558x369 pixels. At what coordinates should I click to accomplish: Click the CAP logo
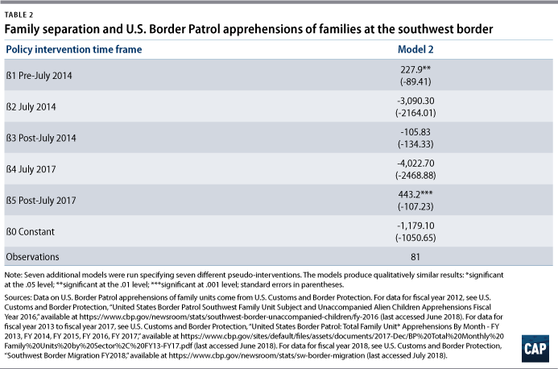(x=535, y=349)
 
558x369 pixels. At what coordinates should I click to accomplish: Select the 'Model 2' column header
(x=415, y=49)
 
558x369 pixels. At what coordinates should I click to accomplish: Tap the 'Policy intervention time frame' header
(x=73, y=49)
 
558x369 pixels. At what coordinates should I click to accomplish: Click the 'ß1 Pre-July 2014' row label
(x=39, y=76)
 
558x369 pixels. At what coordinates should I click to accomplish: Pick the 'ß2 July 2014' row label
(x=31, y=107)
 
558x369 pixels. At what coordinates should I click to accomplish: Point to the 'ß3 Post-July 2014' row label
(x=41, y=139)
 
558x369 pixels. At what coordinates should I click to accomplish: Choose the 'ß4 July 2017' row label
(x=31, y=169)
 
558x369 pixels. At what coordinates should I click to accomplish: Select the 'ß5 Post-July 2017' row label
(x=41, y=201)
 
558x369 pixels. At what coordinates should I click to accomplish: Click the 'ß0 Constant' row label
(x=31, y=232)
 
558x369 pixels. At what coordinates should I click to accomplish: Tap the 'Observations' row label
(x=32, y=257)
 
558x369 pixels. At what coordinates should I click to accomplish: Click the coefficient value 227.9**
(x=415, y=69)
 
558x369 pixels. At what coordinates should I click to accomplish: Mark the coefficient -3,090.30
(x=415, y=101)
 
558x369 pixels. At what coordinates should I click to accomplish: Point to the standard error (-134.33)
(x=415, y=144)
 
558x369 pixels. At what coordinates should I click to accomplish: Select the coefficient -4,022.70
(x=415, y=163)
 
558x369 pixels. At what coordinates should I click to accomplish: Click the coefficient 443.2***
(x=415, y=194)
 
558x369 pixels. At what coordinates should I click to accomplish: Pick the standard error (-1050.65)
(x=415, y=238)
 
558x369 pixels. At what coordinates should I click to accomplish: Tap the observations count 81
(x=415, y=257)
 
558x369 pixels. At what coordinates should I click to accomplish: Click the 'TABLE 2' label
(x=19, y=15)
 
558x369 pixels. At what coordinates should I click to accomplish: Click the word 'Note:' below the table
(x=13, y=275)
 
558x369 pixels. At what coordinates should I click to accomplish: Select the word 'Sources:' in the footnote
(x=18, y=297)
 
